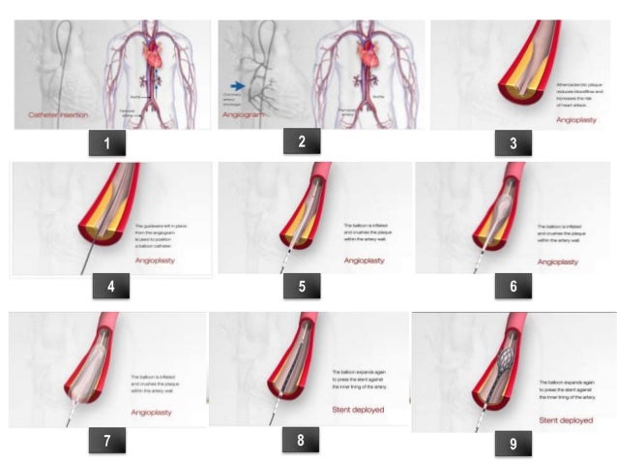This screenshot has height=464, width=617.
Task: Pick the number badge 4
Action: click(x=110, y=290)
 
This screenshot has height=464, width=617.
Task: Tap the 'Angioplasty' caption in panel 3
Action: click(x=578, y=121)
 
